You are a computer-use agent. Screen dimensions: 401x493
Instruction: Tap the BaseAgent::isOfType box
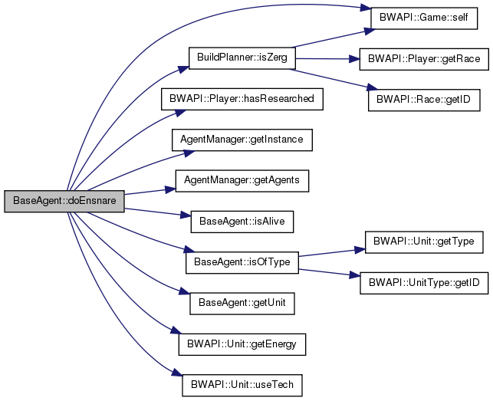tap(242, 263)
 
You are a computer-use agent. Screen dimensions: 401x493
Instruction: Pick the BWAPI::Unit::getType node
tap(425, 242)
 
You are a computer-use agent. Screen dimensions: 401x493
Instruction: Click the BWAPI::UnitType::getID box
tap(425, 283)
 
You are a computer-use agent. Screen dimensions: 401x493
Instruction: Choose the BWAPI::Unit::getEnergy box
tap(242, 344)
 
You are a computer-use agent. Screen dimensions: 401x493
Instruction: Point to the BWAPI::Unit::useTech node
tap(242, 384)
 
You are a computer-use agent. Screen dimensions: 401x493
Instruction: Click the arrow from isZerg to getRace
tap(322, 58)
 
